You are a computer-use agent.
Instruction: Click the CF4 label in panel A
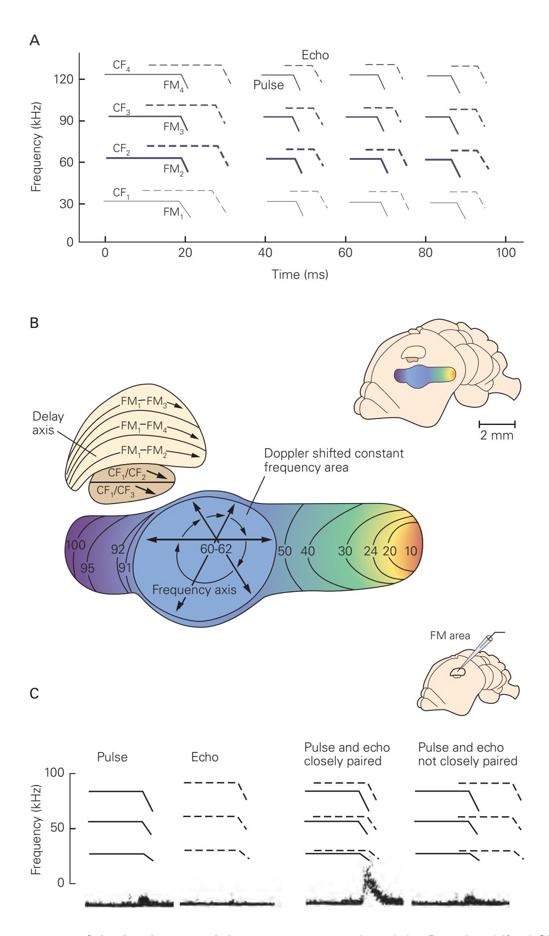[x=121, y=65]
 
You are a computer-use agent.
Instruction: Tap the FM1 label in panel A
[x=173, y=212]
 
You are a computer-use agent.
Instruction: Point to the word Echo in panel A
[x=315, y=55]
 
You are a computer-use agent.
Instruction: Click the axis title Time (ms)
[x=300, y=275]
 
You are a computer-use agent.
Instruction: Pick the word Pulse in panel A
[x=268, y=85]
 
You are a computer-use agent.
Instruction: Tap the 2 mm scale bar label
[x=497, y=436]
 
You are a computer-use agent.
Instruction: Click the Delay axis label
[x=48, y=423]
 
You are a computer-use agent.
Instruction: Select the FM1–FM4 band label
[x=144, y=426]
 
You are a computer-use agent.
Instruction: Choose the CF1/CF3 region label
[x=116, y=491]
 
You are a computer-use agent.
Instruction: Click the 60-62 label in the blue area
[x=216, y=549]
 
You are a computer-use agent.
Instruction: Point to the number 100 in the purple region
[x=76, y=545]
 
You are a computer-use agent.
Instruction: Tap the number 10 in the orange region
[x=411, y=551]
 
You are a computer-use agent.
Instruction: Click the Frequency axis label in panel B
[x=194, y=590]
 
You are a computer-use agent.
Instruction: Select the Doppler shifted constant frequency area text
[x=333, y=460]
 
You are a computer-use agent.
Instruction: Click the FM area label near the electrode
[x=450, y=635]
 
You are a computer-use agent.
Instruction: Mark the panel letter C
[x=34, y=694]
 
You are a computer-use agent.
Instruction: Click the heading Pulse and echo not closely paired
[x=467, y=754]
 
